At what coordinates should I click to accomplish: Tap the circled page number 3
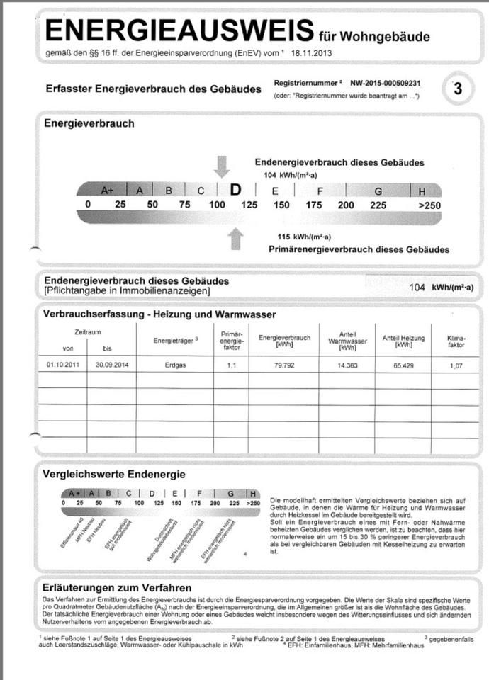point(457,89)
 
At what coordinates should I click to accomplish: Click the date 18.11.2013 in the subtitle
point(313,53)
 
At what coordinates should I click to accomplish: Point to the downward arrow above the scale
point(222,166)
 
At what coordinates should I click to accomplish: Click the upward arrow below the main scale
point(236,239)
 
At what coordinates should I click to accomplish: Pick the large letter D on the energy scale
point(235,190)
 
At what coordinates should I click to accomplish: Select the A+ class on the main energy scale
point(108,190)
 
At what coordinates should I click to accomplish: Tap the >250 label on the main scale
point(429,205)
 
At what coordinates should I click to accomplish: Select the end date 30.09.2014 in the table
point(111,365)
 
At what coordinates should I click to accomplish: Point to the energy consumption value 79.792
point(284,365)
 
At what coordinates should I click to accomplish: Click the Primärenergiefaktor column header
point(232,340)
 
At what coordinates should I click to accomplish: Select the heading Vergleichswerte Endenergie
point(115,474)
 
